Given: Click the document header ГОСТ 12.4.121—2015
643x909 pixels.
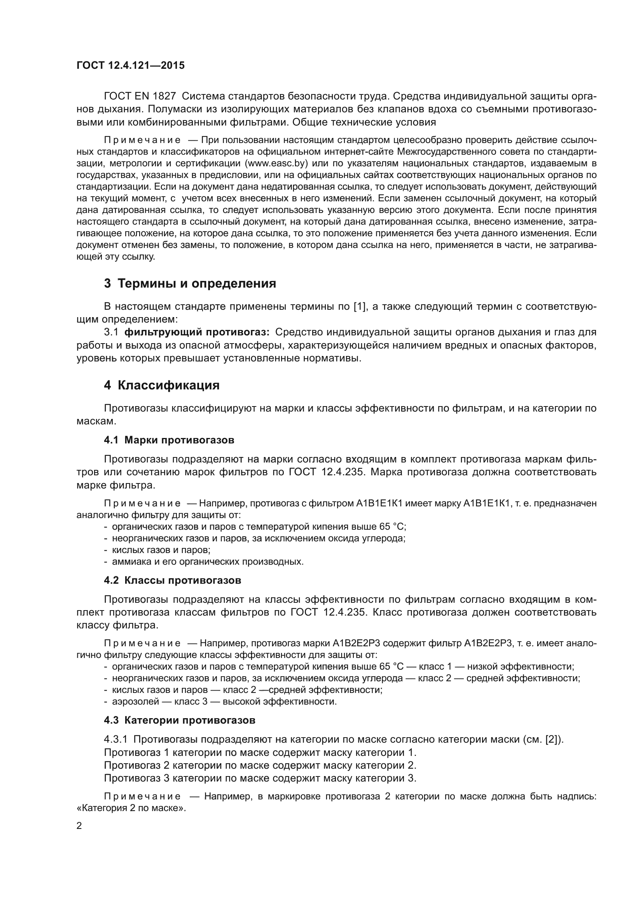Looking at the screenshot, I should [130, 65].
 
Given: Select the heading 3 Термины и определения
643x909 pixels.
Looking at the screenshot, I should [190, 283].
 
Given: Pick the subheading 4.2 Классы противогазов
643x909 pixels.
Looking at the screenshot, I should [172, 580].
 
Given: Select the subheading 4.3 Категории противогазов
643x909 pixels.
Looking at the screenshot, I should [179, 720].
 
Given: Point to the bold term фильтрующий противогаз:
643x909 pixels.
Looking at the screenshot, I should [197, 332].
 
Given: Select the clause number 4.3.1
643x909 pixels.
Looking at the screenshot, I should [115, 739].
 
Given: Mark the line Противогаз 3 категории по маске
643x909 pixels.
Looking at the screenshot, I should [260, 778].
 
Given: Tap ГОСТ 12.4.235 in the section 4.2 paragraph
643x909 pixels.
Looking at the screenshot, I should [324, 612].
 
